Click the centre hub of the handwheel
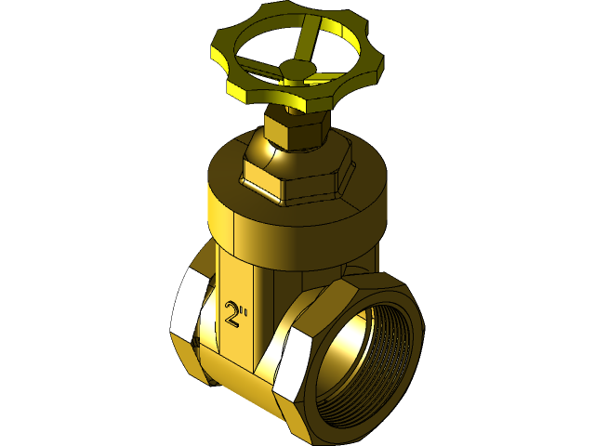pos(296,69)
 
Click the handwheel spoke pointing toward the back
pos(305,41)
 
